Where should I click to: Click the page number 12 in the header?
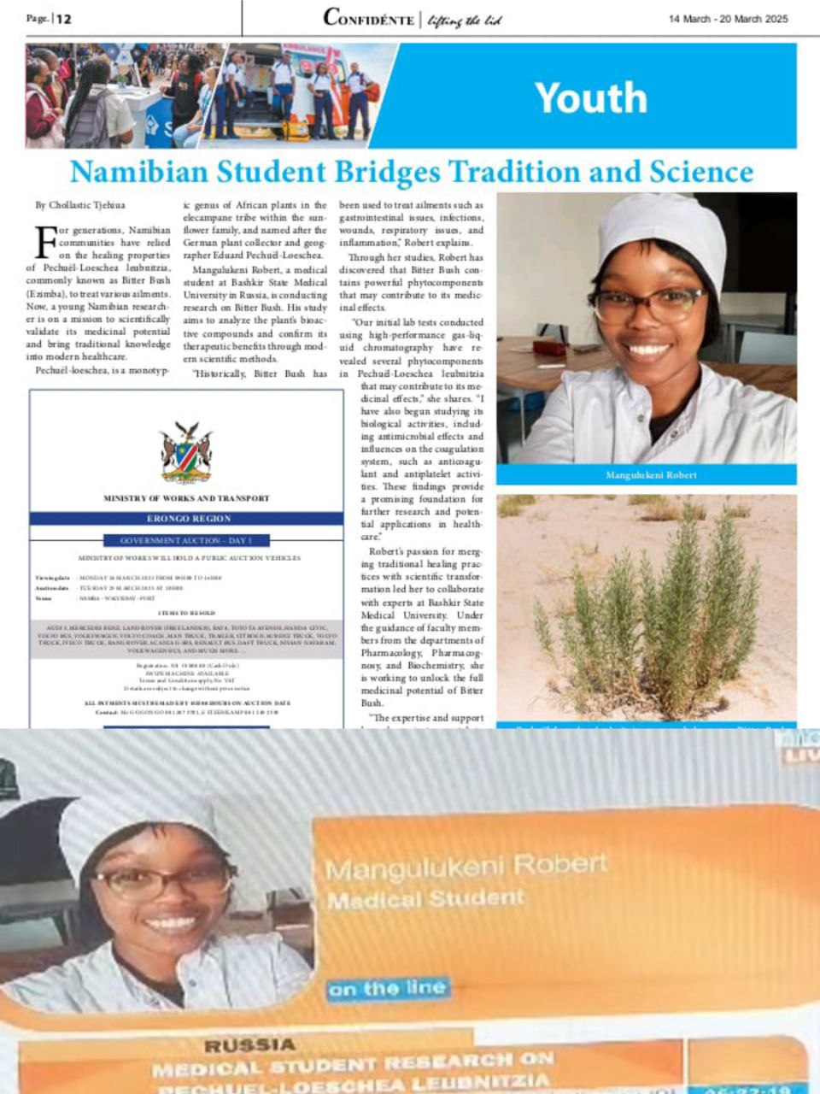[64, 18]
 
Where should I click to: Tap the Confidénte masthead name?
[368, 18]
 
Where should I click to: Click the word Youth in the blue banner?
[590, 97]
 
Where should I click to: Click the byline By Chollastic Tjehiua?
[80, 205]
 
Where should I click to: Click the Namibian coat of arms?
[186, 452]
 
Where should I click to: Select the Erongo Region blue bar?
[187, 519]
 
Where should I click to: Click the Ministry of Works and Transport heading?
[187, 498]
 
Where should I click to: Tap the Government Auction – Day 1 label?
[186, 540]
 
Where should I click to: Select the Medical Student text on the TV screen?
[425, 899]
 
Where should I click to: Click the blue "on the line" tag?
[387, 989]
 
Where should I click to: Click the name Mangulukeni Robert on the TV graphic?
[466, 867]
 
